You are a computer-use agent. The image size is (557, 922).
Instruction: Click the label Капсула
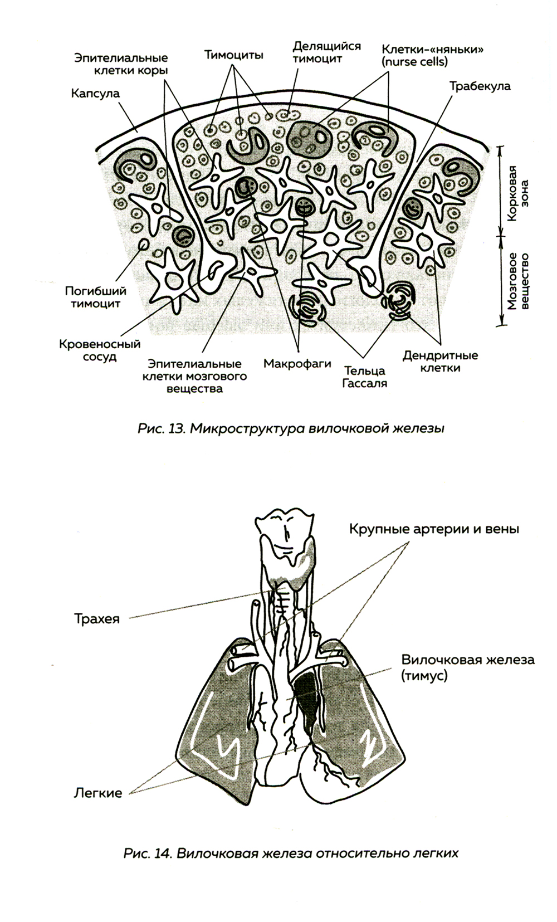95,93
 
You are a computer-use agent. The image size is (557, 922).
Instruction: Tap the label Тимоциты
233,55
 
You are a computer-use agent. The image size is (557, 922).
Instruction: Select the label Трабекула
480,86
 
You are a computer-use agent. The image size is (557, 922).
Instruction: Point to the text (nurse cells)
414,62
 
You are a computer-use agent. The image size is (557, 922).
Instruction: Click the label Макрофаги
297,364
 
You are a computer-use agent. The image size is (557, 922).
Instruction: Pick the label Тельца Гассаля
365,377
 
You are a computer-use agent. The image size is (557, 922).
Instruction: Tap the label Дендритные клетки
441,362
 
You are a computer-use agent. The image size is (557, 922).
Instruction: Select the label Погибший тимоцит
95,297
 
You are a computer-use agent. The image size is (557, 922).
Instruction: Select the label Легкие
98,793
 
